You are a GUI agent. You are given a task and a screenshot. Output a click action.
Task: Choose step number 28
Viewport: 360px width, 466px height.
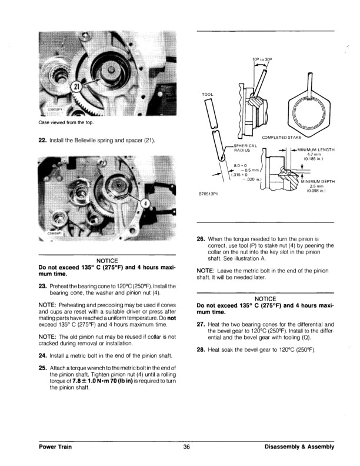(201, 350)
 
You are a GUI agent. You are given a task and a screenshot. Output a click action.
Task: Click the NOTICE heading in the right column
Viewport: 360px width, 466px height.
(265, 299)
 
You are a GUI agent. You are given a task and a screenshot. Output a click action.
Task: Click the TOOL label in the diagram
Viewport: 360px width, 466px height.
(207, 94)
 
